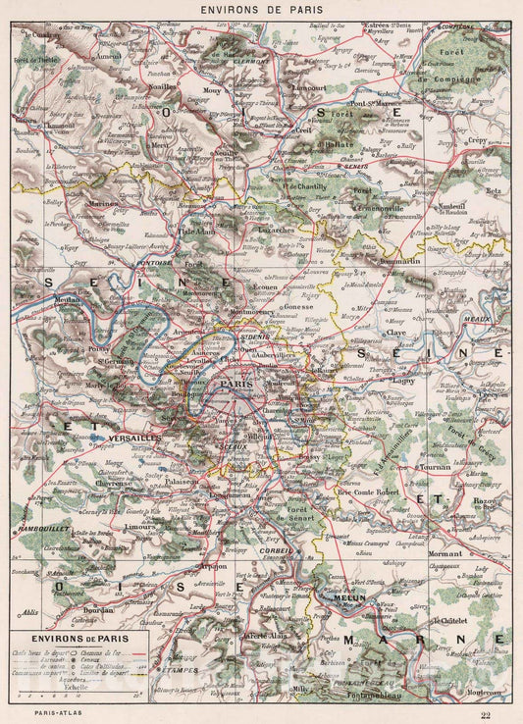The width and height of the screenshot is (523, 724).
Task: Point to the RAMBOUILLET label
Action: (x=40, y=530)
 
